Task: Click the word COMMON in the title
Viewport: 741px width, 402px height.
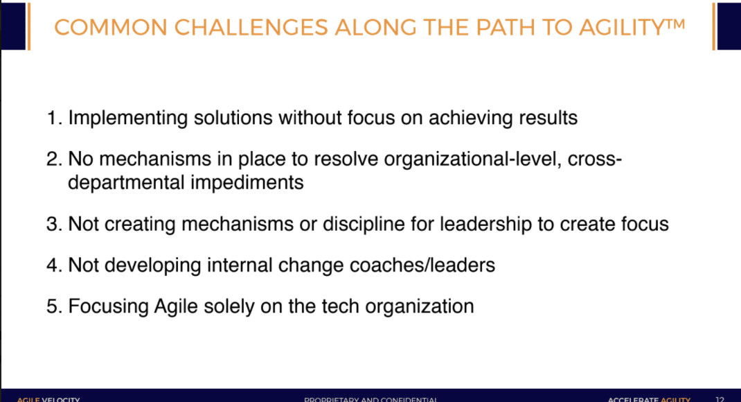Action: coord(109,27)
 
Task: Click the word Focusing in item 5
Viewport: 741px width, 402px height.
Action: coord(108,306)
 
